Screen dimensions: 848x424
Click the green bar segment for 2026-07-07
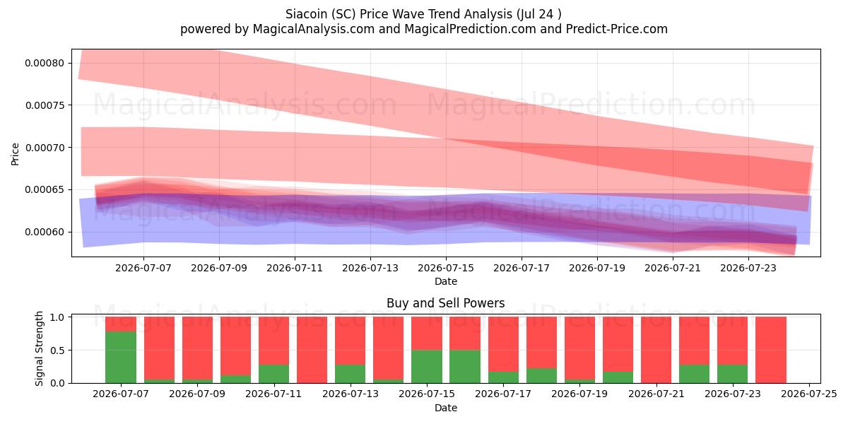[x=121, y=357]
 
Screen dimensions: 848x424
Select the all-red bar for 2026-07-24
[x=771, y=350]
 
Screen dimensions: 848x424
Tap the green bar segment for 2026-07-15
[x=427, y=367]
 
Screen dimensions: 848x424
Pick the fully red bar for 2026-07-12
[x=312, y=350]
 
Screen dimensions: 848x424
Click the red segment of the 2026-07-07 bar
[x=121, y=324]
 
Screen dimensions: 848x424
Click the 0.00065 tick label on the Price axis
[x=45, y=189]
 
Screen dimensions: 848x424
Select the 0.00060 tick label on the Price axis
[x=45, y=232]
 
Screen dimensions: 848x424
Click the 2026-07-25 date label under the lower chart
[x=809, y=394]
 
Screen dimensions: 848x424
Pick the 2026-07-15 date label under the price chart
[x=446, y=268]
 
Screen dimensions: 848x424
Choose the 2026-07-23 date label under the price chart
[x=748, y=268]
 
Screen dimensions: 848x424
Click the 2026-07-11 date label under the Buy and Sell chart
[x=273, y=394]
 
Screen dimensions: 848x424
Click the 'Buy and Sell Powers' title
[x=446, y=303]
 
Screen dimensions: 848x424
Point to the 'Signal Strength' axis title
[x=39, y=348]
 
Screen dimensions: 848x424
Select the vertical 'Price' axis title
[x=15, y=154]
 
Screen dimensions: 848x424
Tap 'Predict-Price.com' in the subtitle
[x=617, y=29]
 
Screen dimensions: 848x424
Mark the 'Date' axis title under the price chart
[x=446, y=281]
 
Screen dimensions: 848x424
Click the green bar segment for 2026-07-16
[x=465, y=367]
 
